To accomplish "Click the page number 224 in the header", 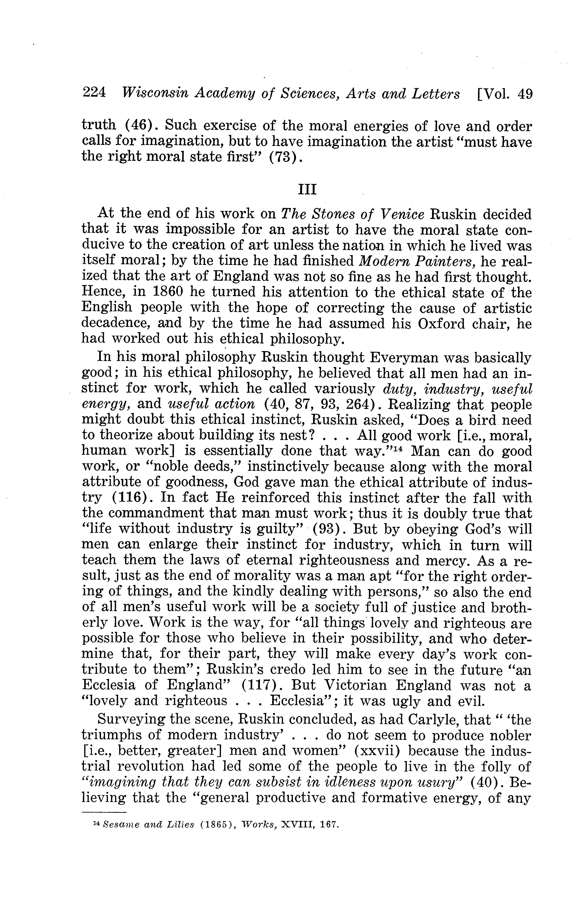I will [x=94, y=93].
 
